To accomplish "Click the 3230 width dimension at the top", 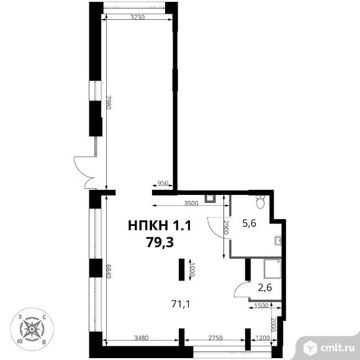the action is pos(138,17).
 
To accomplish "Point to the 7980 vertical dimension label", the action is pos(109,102).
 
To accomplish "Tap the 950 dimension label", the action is pos(163,184).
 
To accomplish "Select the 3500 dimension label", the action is pos(191,203).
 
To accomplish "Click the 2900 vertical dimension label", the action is pos(227,228).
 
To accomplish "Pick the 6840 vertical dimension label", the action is pos(109,271).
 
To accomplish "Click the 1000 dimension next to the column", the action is pos(192,269).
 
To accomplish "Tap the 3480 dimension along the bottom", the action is pos(142,338).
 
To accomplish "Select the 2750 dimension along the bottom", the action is pos(215,338).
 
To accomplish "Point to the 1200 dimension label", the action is pos(263,338).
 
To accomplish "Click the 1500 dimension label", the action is pos(261,305).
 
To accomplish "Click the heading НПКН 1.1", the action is pos(160,225).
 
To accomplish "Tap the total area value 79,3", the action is pos(160,243).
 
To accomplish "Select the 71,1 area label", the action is pos(181,304).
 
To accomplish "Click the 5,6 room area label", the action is pos(250,223).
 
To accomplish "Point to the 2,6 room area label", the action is pos(265,287).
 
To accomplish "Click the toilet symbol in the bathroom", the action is pos(260,202).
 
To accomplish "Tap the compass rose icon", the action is pos(32,329).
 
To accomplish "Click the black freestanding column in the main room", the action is pos(182,269).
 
